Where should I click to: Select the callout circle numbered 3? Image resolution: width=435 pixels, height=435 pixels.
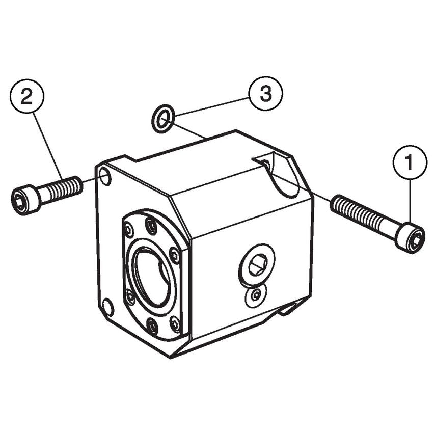pyautogui.click(x=265, y=94)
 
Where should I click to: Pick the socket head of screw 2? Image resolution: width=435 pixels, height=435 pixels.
pyautogui.click(x=24, y=200)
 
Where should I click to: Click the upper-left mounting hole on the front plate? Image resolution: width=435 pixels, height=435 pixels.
pyautogui.click(x=105, y=176)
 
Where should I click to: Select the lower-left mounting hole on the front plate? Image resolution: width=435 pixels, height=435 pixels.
pyautogui.click(x=108, y=307)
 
